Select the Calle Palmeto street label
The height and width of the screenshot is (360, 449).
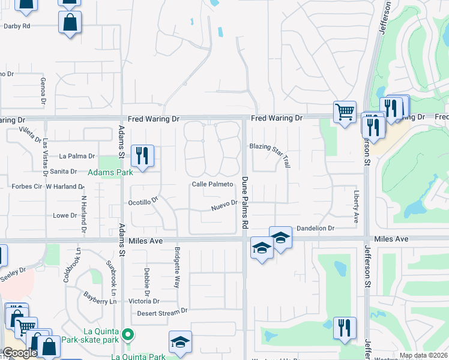pos(212,184)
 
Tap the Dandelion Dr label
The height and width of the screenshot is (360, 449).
pos(315,229)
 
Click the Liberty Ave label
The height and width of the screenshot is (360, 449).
pos(356,204)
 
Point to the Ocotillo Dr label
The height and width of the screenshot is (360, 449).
pos(143,202)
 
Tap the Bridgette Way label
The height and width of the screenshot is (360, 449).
pos(178,267)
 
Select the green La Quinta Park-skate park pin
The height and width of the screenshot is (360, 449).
pos(127,334)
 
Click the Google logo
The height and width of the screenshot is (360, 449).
pos(19,353)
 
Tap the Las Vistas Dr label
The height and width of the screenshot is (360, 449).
pos(46,155)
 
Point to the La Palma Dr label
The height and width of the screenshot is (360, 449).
pos(77,156)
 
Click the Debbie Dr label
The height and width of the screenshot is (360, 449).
pos(146,280)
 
